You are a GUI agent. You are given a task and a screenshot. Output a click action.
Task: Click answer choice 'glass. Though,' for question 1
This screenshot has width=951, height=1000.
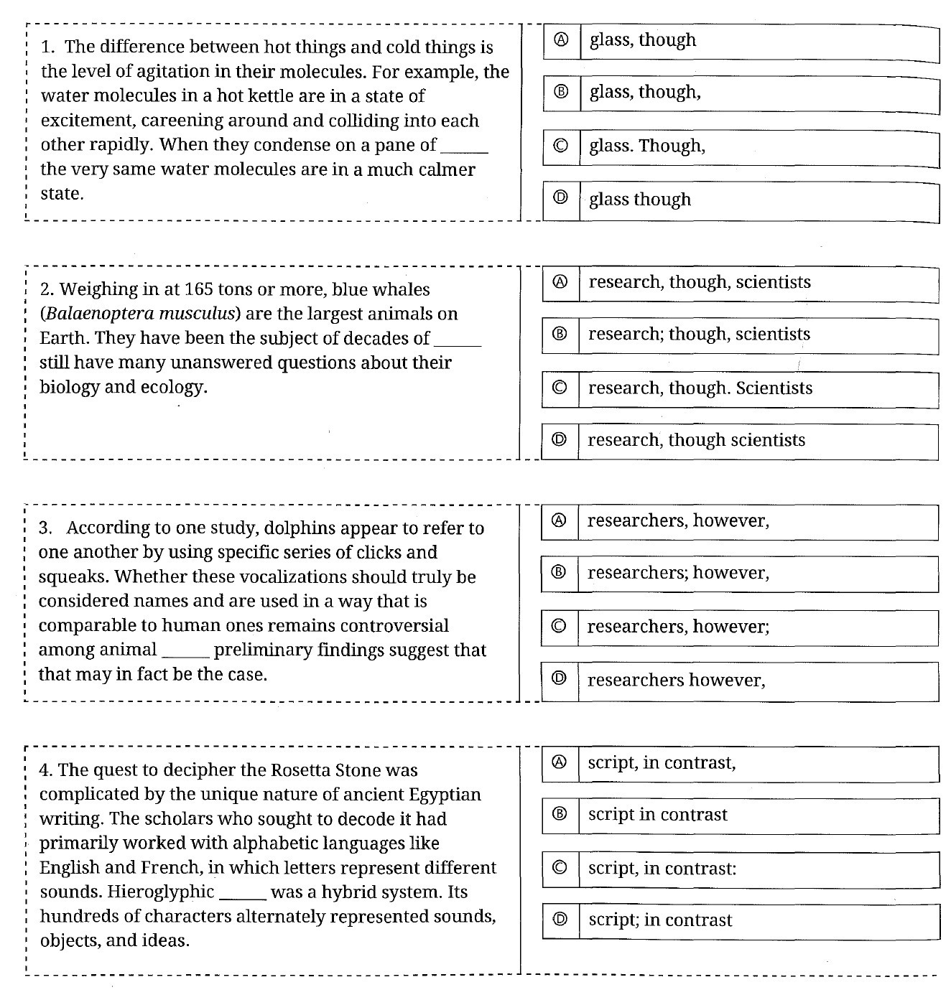pyautogui.click(x=646, y=146)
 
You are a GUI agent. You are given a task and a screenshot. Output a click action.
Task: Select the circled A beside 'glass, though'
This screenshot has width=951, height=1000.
pyautogui.click(x=562, y=40)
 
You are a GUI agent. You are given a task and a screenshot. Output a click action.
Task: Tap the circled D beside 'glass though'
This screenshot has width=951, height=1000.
pyautogui.click(x=562, y=199)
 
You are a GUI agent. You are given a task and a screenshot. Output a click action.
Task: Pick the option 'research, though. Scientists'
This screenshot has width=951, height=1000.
pyautogui.click(x=700, y=388)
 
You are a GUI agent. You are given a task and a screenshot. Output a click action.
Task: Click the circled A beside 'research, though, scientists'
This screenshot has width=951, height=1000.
pyautogui.click(x=560, y=282)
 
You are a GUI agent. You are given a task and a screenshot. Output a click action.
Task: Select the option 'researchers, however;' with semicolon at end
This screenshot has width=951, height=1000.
pyautogui.click(x=677, y=627)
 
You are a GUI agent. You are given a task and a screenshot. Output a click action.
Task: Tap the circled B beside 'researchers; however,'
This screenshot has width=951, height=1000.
pyautogui.click(x=560, y=573)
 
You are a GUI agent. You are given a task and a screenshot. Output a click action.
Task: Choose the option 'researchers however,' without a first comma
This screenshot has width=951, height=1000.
pyautogui.click(x=676, y=680)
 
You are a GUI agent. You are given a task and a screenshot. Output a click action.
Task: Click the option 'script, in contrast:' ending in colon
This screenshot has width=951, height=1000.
pyautogui.click(x=662, y=869)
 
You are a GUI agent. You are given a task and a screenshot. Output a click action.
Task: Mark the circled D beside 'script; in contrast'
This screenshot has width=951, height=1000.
pyautogui.click(x=561, y=920)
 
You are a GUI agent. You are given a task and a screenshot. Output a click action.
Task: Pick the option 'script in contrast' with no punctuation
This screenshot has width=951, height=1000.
pyautogui.click(x=657, y=815)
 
